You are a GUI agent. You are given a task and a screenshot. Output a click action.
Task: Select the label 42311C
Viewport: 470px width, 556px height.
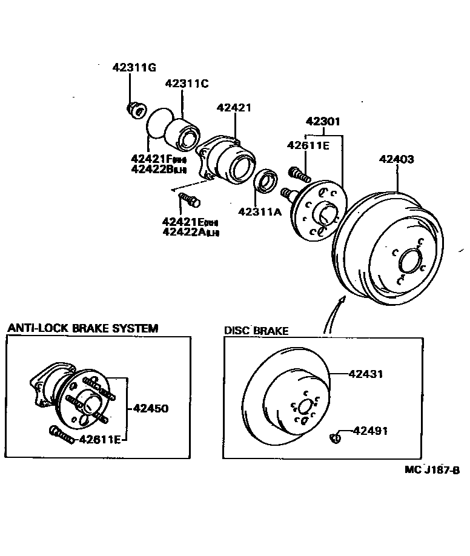(x=186, y=84)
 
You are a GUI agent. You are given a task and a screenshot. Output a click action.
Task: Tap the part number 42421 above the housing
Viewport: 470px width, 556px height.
(x=234, y=107)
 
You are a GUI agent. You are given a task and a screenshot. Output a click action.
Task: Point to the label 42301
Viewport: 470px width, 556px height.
(x=322, y=122)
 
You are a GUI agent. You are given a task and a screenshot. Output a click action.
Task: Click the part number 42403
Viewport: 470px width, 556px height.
(x=397, y=159)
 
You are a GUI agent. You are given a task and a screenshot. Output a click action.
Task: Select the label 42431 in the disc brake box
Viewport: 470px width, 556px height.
(x=366, y=374)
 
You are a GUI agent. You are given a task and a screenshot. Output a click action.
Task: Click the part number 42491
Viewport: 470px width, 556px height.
(x=370, y=431)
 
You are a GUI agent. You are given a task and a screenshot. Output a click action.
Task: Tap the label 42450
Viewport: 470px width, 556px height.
(x=150, y=408)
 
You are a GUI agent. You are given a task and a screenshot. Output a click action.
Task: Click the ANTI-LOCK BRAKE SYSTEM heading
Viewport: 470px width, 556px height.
(x=82, y=328)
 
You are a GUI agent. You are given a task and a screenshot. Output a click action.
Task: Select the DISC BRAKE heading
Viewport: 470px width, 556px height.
(x=256, y=331)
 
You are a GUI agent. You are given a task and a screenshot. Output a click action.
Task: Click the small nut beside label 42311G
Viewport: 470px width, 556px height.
(x=134, y=110)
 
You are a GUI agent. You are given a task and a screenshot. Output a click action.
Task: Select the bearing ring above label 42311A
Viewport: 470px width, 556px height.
(x=265, y=180)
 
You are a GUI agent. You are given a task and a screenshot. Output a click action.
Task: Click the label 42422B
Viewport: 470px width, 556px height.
(x=156, y=170)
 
